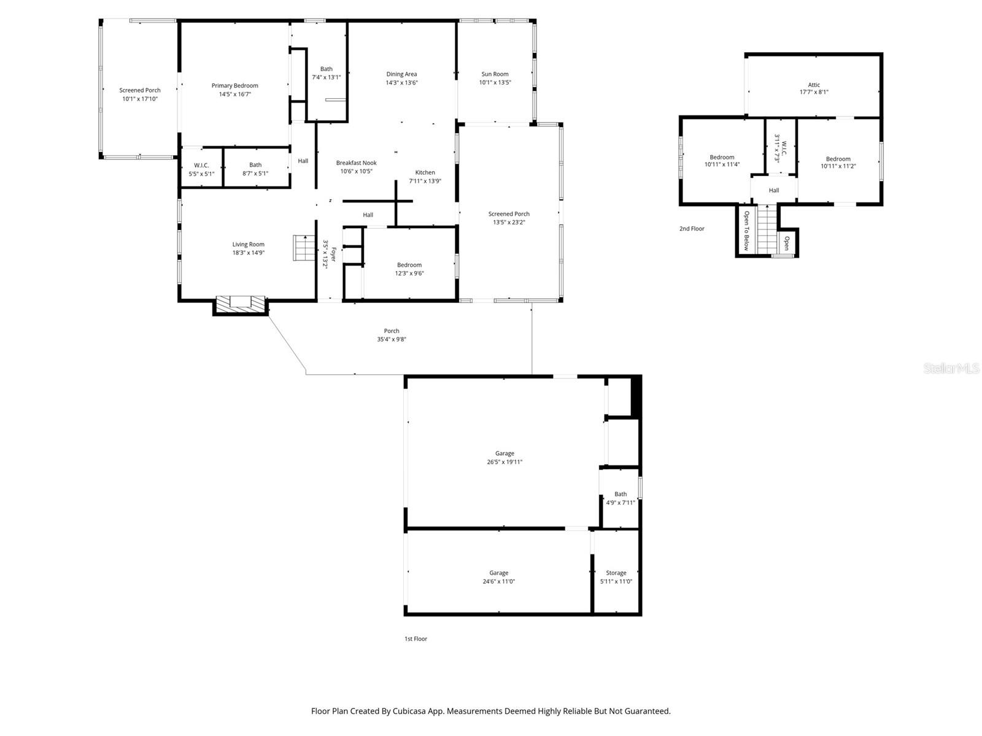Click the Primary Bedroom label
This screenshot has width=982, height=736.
coord(234,86)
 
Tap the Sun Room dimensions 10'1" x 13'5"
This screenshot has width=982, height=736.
coord(495,82)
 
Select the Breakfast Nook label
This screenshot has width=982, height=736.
coord(356,163)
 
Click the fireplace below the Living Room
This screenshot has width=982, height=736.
coord(241,303)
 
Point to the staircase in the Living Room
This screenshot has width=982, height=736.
coord(303,248)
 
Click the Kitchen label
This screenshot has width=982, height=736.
coord(425,172)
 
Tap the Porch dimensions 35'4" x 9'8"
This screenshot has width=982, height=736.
coord(392,339)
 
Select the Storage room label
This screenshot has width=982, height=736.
coord(616,573)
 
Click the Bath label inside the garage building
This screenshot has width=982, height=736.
coord(621,494)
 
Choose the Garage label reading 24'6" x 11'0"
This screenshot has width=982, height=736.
coord(498,573)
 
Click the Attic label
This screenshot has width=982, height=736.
coord(814,85)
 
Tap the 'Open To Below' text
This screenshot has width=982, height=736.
coord(746,231)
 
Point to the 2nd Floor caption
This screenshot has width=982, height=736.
coord(692,229)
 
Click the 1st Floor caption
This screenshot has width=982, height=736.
coord(416,638)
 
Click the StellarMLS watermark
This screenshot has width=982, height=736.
coord(951,368)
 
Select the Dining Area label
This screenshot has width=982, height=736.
coord(401,74)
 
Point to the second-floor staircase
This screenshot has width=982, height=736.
coord(767,231)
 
